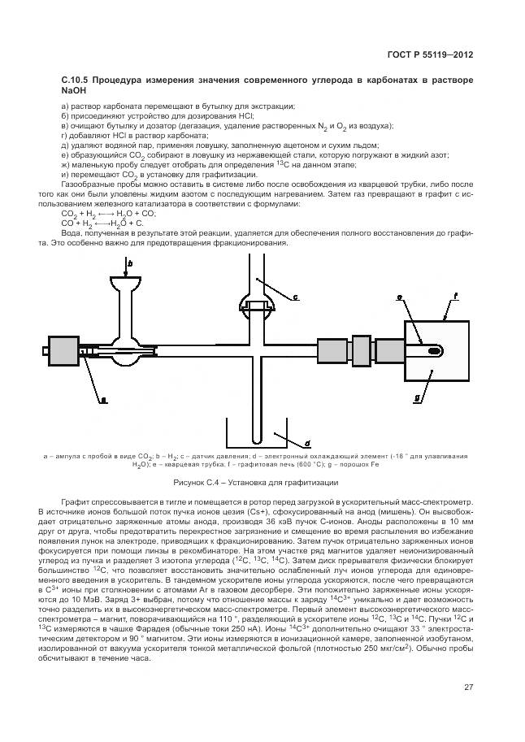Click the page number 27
click(468, 688)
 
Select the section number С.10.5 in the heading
click(75, 82)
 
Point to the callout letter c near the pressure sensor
click(295, 297)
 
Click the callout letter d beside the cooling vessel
click(308, 444)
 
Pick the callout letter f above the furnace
click(456, 297)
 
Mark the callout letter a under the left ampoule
click(103, 398)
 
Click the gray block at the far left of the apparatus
click(64, 351)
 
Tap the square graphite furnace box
click(436, 352)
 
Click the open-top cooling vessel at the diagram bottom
click(258, 438)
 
